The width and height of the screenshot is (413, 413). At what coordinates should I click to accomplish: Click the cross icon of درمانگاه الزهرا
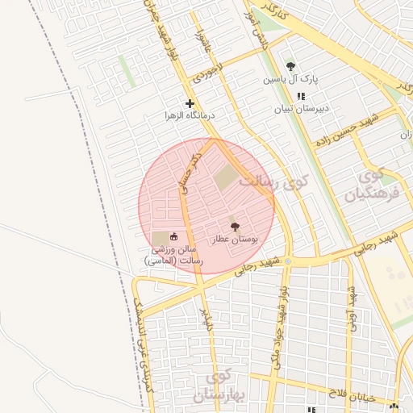tap(190, 103)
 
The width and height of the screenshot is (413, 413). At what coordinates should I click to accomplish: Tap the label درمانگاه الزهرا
tap(190, 115)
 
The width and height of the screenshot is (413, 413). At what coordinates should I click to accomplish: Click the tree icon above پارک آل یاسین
tap(290, 66)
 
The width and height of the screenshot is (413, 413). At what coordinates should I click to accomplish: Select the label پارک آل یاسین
tap(291, 80)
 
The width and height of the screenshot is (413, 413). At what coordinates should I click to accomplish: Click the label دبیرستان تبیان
tap(301, 108)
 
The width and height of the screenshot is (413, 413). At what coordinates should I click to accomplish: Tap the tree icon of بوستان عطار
tap(235, 227)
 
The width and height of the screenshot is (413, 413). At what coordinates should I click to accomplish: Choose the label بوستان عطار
tap(234, 240)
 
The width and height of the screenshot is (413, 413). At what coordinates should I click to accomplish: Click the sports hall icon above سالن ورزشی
tap(173, 236)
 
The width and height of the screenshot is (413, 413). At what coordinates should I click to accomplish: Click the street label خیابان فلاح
tap(347, 392)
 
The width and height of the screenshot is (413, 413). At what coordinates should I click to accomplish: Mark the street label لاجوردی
tap(202, 73)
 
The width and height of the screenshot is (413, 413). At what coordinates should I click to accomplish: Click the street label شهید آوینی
tap(352, 307)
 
